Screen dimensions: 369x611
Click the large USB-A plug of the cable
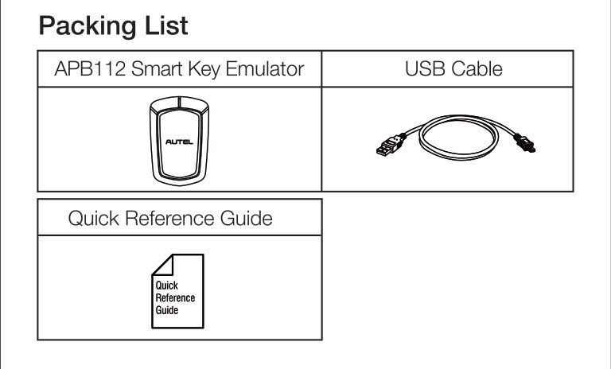385,148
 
